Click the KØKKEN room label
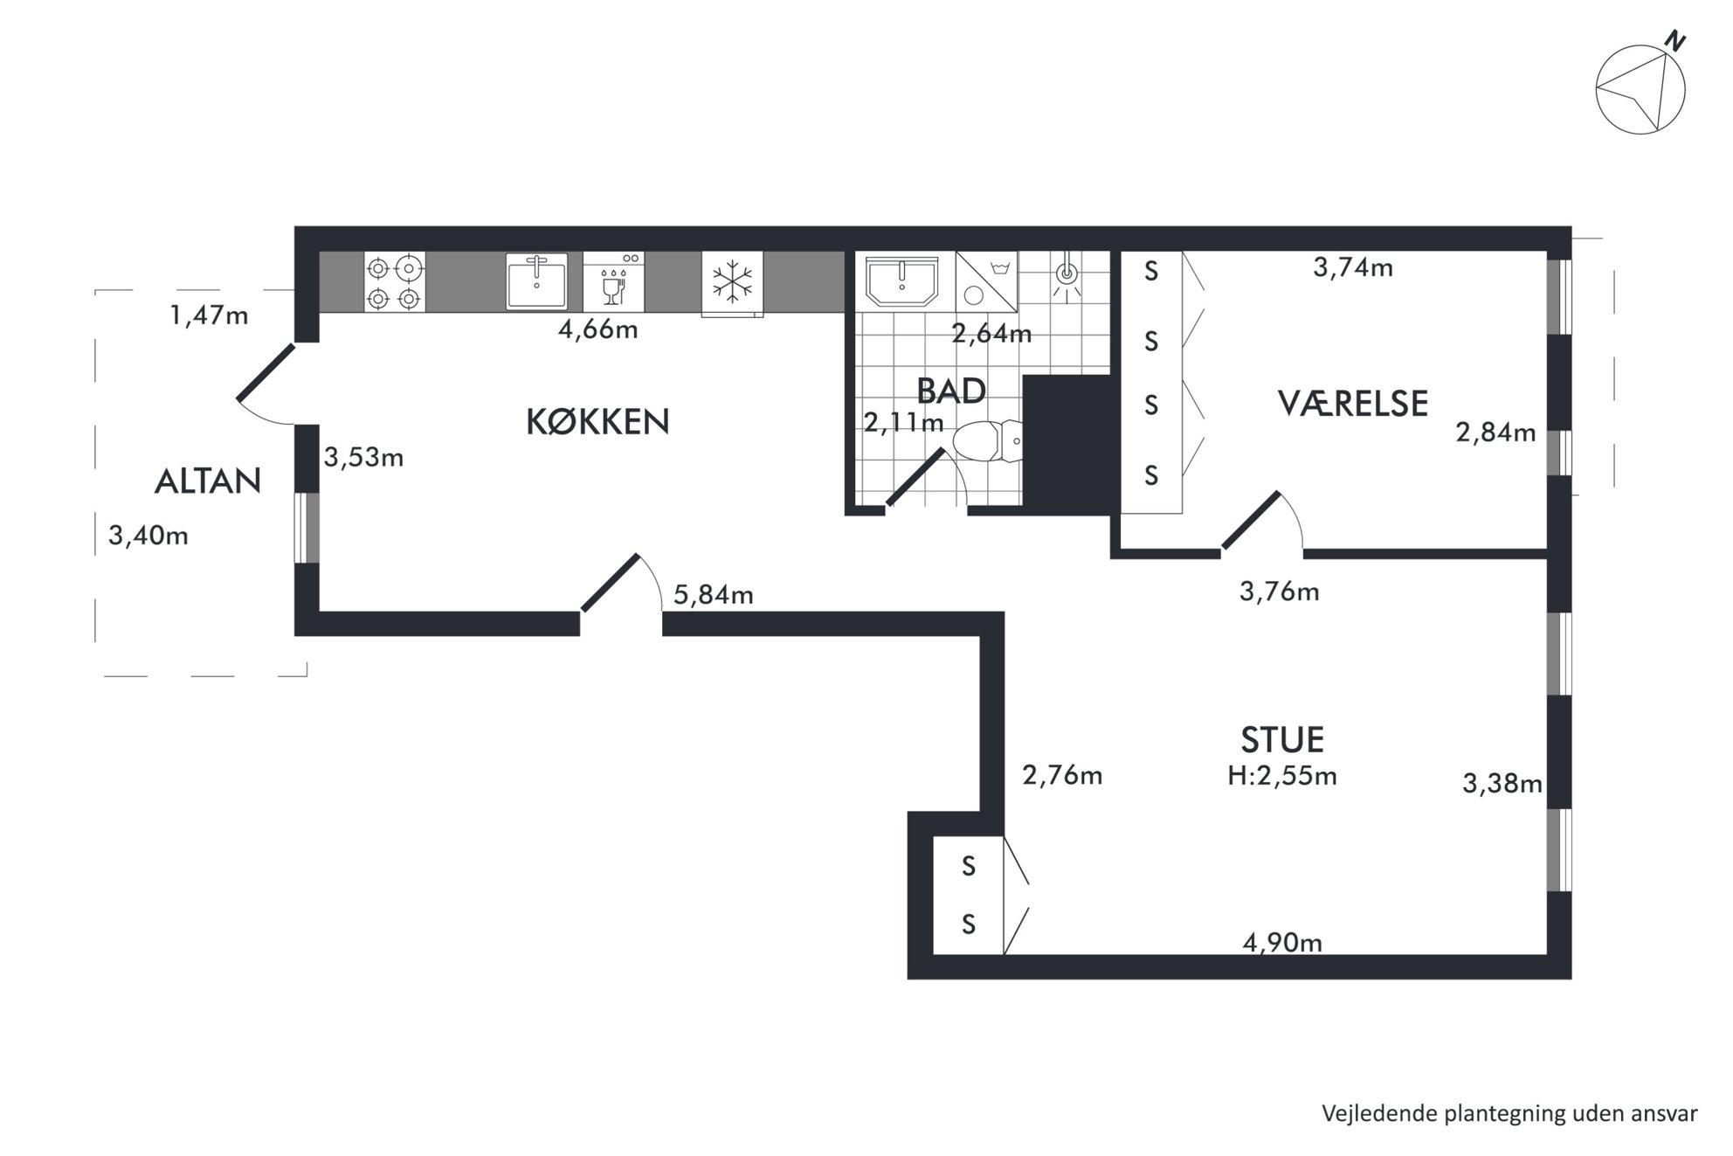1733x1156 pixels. pos(597,422)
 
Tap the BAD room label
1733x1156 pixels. pos(951,391)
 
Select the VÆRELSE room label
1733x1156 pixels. pos(1353,403)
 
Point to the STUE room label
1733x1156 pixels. pos(1282,739)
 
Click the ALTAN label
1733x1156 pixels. pos(208,481)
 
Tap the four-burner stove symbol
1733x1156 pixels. pos(394,281)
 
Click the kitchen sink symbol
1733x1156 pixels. pos(536,281)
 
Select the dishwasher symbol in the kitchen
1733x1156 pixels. pos(613,281)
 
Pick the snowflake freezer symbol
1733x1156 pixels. pos(732,282)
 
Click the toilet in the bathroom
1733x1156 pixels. pos(987,441)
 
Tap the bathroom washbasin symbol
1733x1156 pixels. pos(902,280)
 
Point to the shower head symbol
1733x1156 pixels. pos(1066,273)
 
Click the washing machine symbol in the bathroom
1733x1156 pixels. pos(987,281)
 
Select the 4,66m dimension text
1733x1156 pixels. pos(597,329)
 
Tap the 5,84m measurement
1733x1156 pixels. pos(714,595)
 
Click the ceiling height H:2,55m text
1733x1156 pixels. pos(1282,776)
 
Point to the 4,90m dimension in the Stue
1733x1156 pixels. pos(1282,943)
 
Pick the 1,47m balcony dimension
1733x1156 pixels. pos(209,315)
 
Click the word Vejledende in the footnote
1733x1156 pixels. pos(1377,1114)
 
